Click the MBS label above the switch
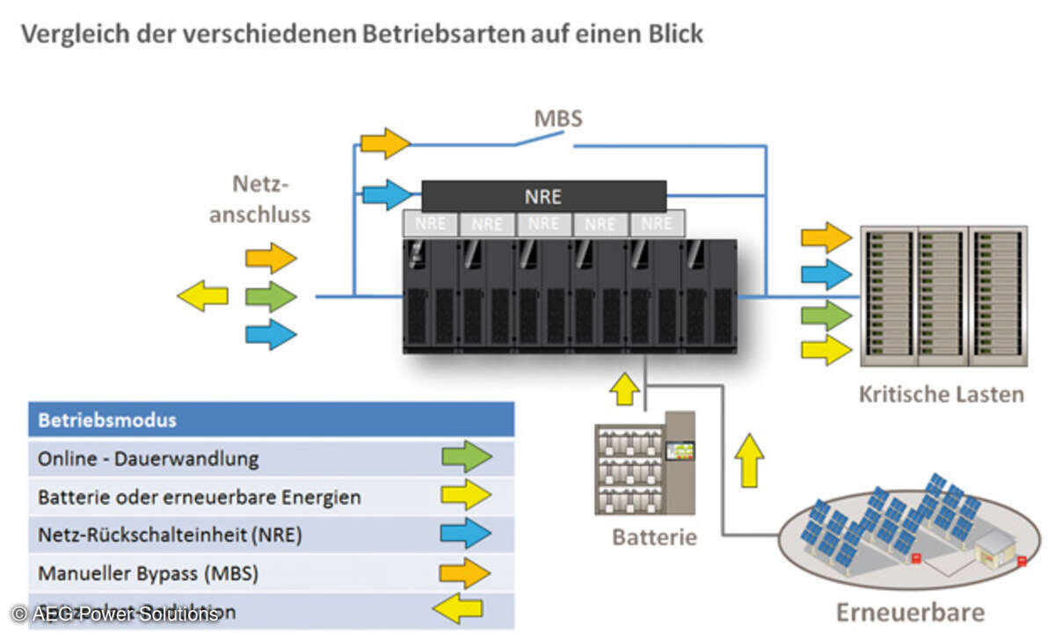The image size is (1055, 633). point(557,118)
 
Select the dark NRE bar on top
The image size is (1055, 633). point(543,196)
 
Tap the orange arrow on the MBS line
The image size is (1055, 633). point(385,143)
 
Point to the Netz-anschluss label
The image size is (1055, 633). point(260,200)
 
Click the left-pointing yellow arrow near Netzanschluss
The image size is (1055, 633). point(203,296)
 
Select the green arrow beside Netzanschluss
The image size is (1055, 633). point(271,296)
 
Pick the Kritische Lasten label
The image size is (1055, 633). point(941,395)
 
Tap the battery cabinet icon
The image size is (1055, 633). point(644,462)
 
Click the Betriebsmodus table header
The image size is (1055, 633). point(106,420)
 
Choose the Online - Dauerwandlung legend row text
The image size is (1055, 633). point(149,458)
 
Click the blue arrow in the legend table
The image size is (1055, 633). point(466,534)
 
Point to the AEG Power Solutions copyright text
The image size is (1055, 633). point(114,614)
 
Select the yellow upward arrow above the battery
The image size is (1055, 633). point(625,389)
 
